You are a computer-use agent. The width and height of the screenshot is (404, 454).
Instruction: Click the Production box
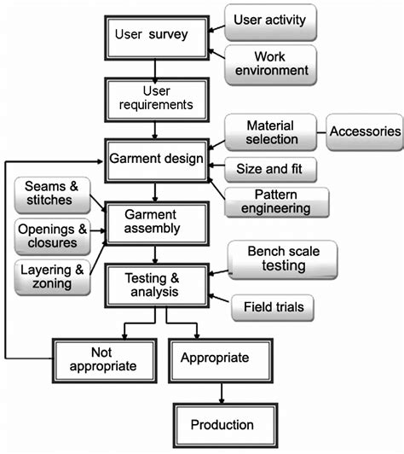pyautogui.click(x=222, y=424)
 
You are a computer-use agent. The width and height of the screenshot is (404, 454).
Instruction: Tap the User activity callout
pyautogui.click(x=270, y=19)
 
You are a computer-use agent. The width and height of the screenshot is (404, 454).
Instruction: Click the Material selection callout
pyautogui.click(x=271, y=132)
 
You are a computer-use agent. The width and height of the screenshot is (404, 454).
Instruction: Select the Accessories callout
pyautogui.click(x=364, y=132)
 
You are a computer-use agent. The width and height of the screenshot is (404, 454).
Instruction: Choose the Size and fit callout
pyautogui.click(x=270, y=168)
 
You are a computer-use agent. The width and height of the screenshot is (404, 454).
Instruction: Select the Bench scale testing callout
pyautogui.click(x=282, y=259)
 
